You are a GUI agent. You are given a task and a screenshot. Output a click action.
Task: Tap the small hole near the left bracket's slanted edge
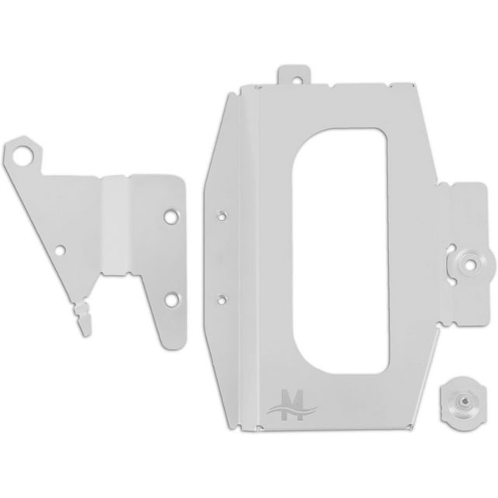click(x=62, y=251)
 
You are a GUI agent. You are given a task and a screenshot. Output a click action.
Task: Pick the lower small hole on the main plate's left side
click(x=224, y=296)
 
